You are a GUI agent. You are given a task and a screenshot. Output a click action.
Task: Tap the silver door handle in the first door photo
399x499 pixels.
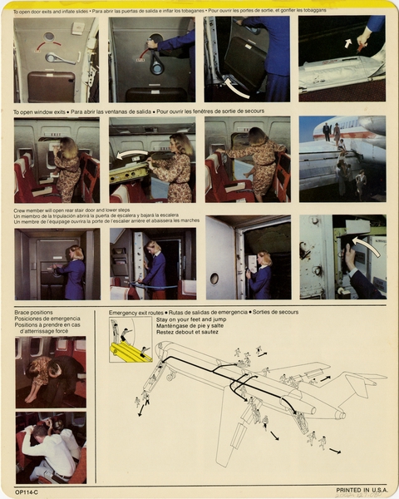coord(61,58)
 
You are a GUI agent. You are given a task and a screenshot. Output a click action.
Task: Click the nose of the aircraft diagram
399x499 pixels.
coord(159,348)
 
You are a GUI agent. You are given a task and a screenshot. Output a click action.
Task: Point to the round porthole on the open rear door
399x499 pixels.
coord(213,278)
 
